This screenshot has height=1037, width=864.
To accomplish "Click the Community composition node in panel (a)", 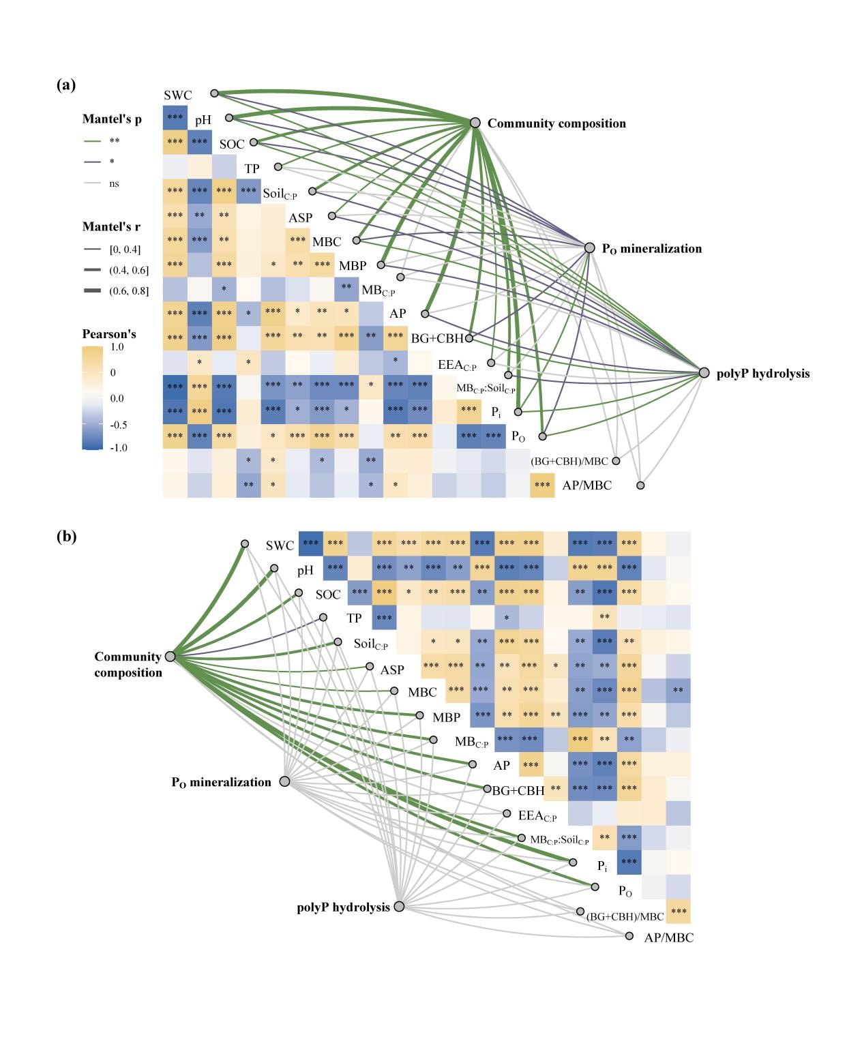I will pyautogui.click(x=475, y=123).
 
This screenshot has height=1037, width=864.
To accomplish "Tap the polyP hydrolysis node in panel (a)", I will pyautogui.click(x=704, y=373).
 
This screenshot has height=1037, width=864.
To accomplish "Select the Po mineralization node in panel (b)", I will pyautogui.click(x=285, y=781).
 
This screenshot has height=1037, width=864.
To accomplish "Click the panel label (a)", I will pyautogui.click(x=66, y=85).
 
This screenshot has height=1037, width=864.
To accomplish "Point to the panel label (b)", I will pyautogui.click(x=66, y=537).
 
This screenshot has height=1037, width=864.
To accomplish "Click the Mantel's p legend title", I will pyautogui.click(x=112, y=119).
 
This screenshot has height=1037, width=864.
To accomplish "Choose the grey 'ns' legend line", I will pyautogui.click(x=93, y=183).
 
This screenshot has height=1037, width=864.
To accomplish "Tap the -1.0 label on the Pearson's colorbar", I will pyautogui.click(x=118, y=448).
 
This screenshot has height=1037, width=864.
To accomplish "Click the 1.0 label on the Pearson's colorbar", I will pyautogui.click(x=117, y=347).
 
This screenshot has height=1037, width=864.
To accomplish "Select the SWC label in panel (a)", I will pyautogui.click(x=178, y=95).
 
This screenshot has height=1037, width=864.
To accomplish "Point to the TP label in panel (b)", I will pyautogui.click(x=354, y=618).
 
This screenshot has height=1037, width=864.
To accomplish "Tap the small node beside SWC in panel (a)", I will pyautogui.click(x=214, y=93).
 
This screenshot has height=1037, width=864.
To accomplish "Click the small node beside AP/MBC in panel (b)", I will pyautogui.click(x=629, y=936).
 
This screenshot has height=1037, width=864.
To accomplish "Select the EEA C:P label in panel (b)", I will pyautogui.click(x=537, y=815).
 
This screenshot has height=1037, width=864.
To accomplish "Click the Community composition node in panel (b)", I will pyautogui.click(x=170, y=656).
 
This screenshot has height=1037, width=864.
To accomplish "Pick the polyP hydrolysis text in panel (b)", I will pyautogui.click(x=343, y=907).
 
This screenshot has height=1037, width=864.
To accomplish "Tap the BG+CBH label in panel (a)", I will pyautogui.click(x=437, y=338).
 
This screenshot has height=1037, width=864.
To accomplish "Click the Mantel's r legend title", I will pyautogui.click(x=112, y=226).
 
